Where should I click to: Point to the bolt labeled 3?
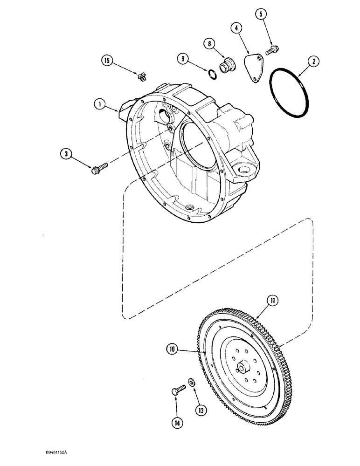tap(100, 166)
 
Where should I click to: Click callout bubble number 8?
tap(209, 45)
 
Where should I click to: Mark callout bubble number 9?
tap(183, 59)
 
